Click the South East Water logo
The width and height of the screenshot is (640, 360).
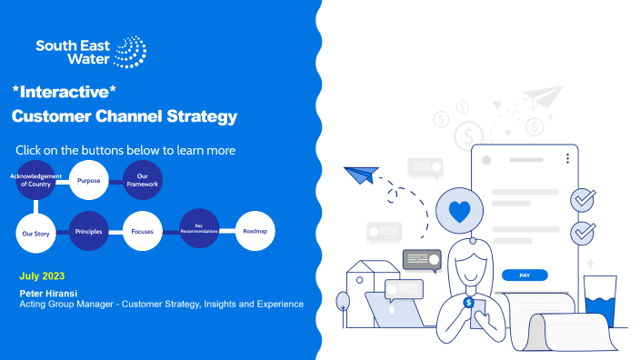90,52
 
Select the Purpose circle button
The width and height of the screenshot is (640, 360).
88,179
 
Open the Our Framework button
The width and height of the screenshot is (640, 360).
143,179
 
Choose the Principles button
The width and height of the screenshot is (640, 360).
88,233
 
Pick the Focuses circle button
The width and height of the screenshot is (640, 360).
143,233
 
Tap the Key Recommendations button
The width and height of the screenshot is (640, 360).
198,229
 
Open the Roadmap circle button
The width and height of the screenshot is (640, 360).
255,232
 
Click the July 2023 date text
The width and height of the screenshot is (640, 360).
42,275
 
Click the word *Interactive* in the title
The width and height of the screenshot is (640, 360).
65,92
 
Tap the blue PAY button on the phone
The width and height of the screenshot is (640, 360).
524,274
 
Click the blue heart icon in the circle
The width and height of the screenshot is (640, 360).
460,211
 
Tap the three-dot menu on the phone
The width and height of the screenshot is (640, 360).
567,158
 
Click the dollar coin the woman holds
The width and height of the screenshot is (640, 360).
468,303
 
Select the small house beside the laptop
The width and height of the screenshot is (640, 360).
366,284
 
